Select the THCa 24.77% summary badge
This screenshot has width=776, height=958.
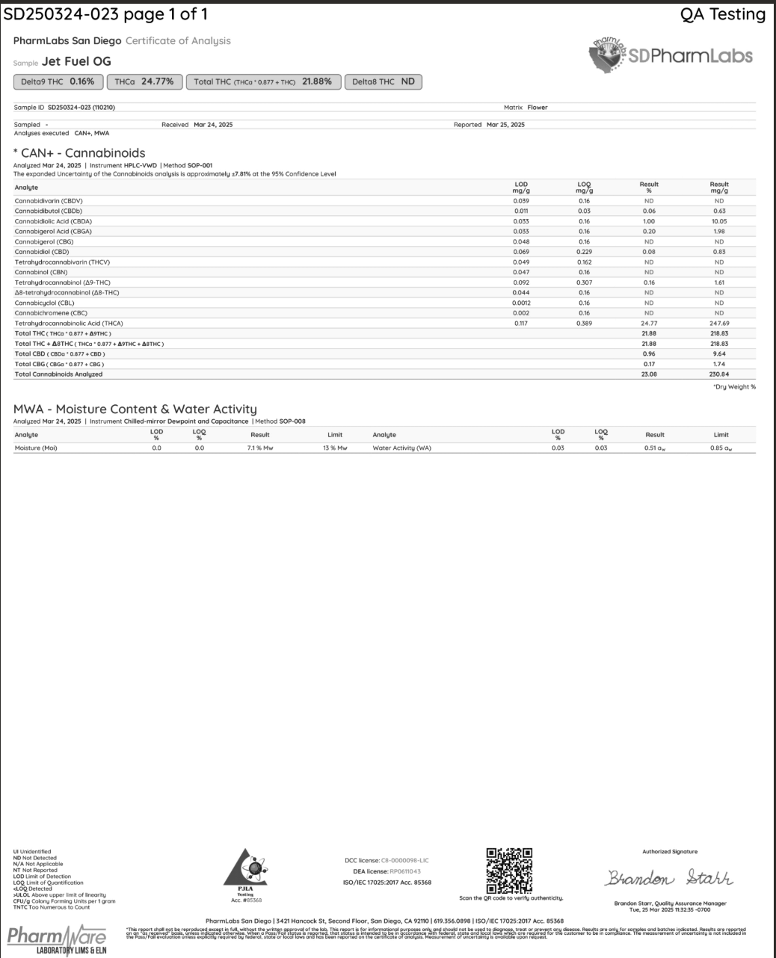coord(144,81)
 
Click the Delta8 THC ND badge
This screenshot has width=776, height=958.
coord(383,81)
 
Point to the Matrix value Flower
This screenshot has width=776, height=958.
coord(538,108)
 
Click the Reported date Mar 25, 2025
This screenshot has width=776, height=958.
coord(505,125)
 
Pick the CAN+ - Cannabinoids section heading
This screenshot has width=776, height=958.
coord(79,153)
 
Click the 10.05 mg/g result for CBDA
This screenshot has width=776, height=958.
coord(719,221)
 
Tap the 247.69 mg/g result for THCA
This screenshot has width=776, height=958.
coord(719,323)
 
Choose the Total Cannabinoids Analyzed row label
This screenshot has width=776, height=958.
coord(58,374)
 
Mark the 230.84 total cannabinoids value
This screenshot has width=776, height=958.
coord(719,374)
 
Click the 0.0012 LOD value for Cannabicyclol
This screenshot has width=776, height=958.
coord(521,303)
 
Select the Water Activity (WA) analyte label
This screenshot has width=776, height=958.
coord(401,448)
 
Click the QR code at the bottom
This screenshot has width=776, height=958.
coord(509,871)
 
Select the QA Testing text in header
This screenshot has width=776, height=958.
coord(722,14)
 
